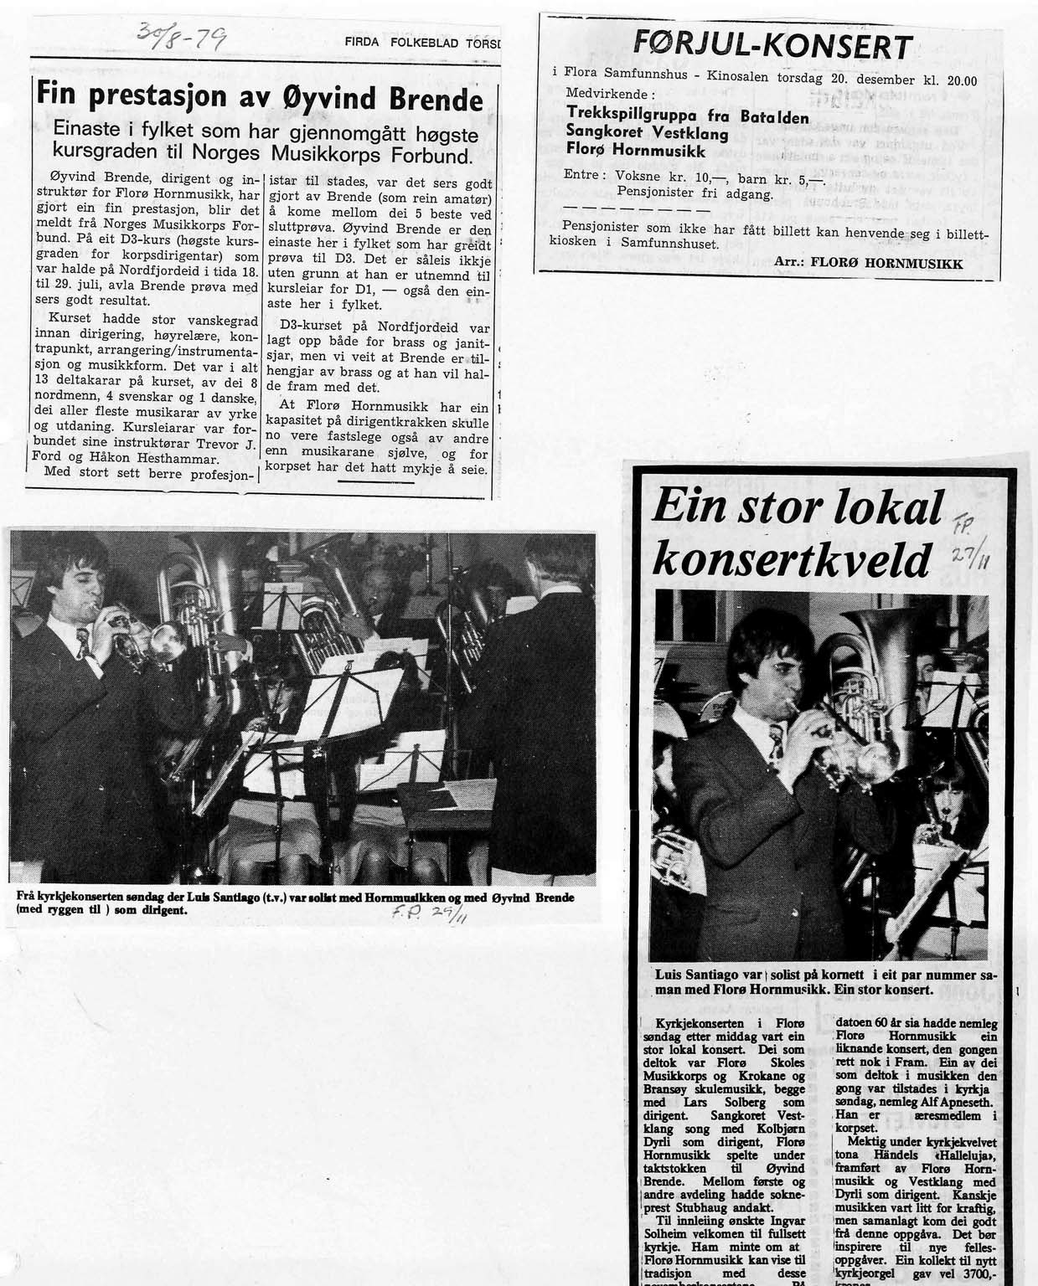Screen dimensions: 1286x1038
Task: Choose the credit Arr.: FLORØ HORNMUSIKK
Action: (x=868, y=262)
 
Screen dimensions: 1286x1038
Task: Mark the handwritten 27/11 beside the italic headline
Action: (x=969, y=558)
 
